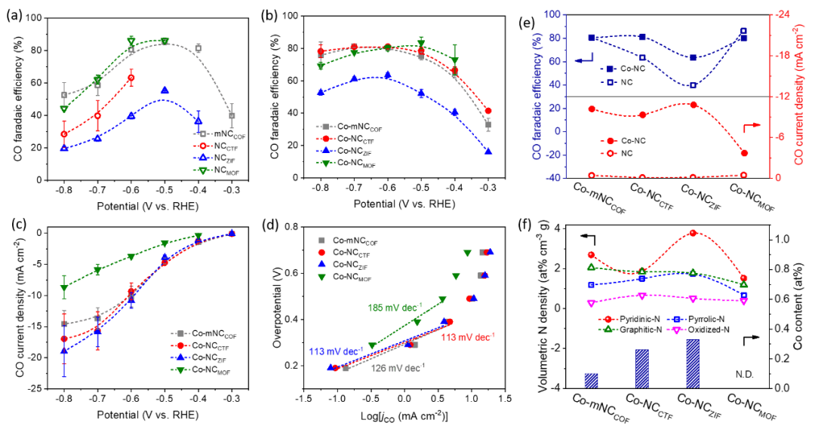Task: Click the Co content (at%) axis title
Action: point(801,308)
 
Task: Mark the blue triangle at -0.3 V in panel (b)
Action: point(488,152)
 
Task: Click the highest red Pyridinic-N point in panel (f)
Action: point(692,232)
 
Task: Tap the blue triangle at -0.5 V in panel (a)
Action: point(165,90)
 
